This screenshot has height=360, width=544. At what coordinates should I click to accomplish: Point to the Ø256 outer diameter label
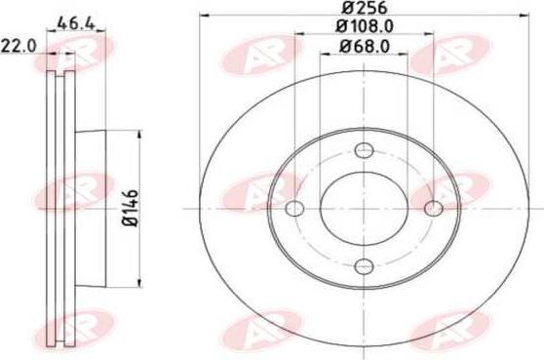click(x=365, y=10)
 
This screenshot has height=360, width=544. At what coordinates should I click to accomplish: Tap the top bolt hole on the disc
click(x=365, y=150)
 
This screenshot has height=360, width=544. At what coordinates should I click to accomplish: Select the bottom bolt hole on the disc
click(x=365, y=266)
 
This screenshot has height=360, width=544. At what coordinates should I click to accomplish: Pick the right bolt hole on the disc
click(x=434, y=209)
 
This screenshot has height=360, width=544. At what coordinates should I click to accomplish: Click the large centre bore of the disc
click(x=365, y=209)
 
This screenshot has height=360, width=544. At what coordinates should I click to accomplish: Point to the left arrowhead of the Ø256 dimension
click(x=203, y=19)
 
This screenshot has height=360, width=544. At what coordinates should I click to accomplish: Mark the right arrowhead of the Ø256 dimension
click(x=526, y=19)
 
